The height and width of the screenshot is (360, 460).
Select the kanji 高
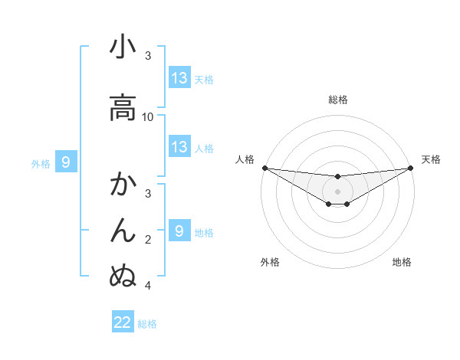coord(123,107)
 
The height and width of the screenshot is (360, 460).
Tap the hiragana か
coord(123,185)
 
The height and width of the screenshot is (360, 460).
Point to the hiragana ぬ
coord(123,275)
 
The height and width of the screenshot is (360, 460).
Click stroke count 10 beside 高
coord(148,117)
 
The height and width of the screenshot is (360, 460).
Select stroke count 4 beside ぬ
coord(148,286)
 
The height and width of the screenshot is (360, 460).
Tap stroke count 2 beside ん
coord(148,240)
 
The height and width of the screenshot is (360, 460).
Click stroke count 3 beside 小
coord(148,56)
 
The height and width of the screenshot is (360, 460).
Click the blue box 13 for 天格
coord(179,78)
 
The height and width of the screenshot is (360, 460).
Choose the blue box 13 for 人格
coord(179,147)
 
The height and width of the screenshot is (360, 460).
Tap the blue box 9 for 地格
coord(179,231)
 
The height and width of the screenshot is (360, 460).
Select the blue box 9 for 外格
coord(66,162)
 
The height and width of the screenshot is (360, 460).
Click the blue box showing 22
coord(123,322)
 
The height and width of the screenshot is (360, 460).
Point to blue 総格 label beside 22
coord(147,323)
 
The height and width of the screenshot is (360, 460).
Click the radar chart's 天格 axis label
coord(431,159)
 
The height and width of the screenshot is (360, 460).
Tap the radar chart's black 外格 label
coord(270,262)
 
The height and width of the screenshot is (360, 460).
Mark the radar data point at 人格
coord(264,168)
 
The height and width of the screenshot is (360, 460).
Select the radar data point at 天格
coord(410,168)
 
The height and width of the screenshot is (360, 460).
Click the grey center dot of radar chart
coord(337,191)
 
